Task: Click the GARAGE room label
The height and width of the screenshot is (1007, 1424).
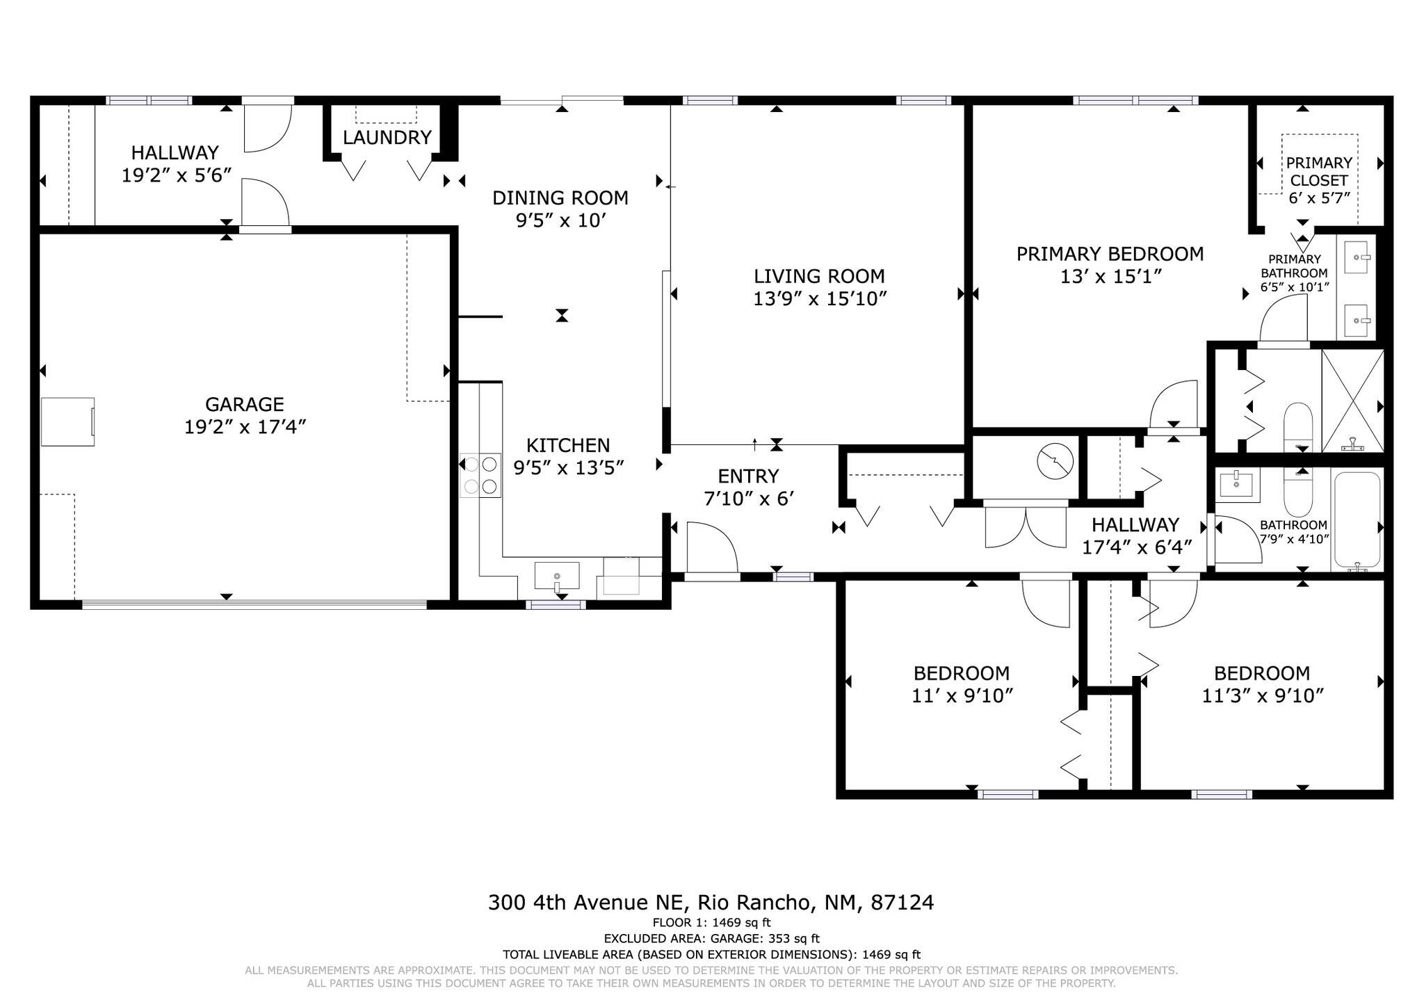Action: click(x=245, y=404)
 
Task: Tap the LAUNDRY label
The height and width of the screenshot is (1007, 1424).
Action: click(x=387, y=137)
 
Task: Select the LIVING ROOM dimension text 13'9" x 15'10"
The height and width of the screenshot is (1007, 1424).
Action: click(x=820, y=298)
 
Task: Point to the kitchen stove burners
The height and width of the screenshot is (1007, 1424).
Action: click(x=480, y=475)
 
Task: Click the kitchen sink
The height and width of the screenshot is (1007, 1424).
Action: click(x=556, y=577)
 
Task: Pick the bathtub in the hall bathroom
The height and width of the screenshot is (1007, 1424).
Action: click(x=1356, y=521)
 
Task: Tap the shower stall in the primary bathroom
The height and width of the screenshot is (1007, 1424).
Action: click(x=1352, y=401)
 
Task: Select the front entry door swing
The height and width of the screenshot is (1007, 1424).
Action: click(x=712, y=547)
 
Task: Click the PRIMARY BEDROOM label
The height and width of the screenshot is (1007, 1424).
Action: click(x=1110, y=254)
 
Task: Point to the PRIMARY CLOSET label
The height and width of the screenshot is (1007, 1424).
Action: click(x=1319, y=171)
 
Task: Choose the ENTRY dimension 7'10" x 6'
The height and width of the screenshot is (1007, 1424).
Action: click(x=749, y=499)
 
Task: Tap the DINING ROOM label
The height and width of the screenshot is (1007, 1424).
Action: click(x=560, y=198)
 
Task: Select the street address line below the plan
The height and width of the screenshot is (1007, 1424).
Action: click(x=711, y=902)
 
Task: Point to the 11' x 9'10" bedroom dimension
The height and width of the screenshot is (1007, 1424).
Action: click(x=962, y=695)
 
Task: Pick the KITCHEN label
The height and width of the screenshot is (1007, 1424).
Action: click(x=568, y=445)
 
